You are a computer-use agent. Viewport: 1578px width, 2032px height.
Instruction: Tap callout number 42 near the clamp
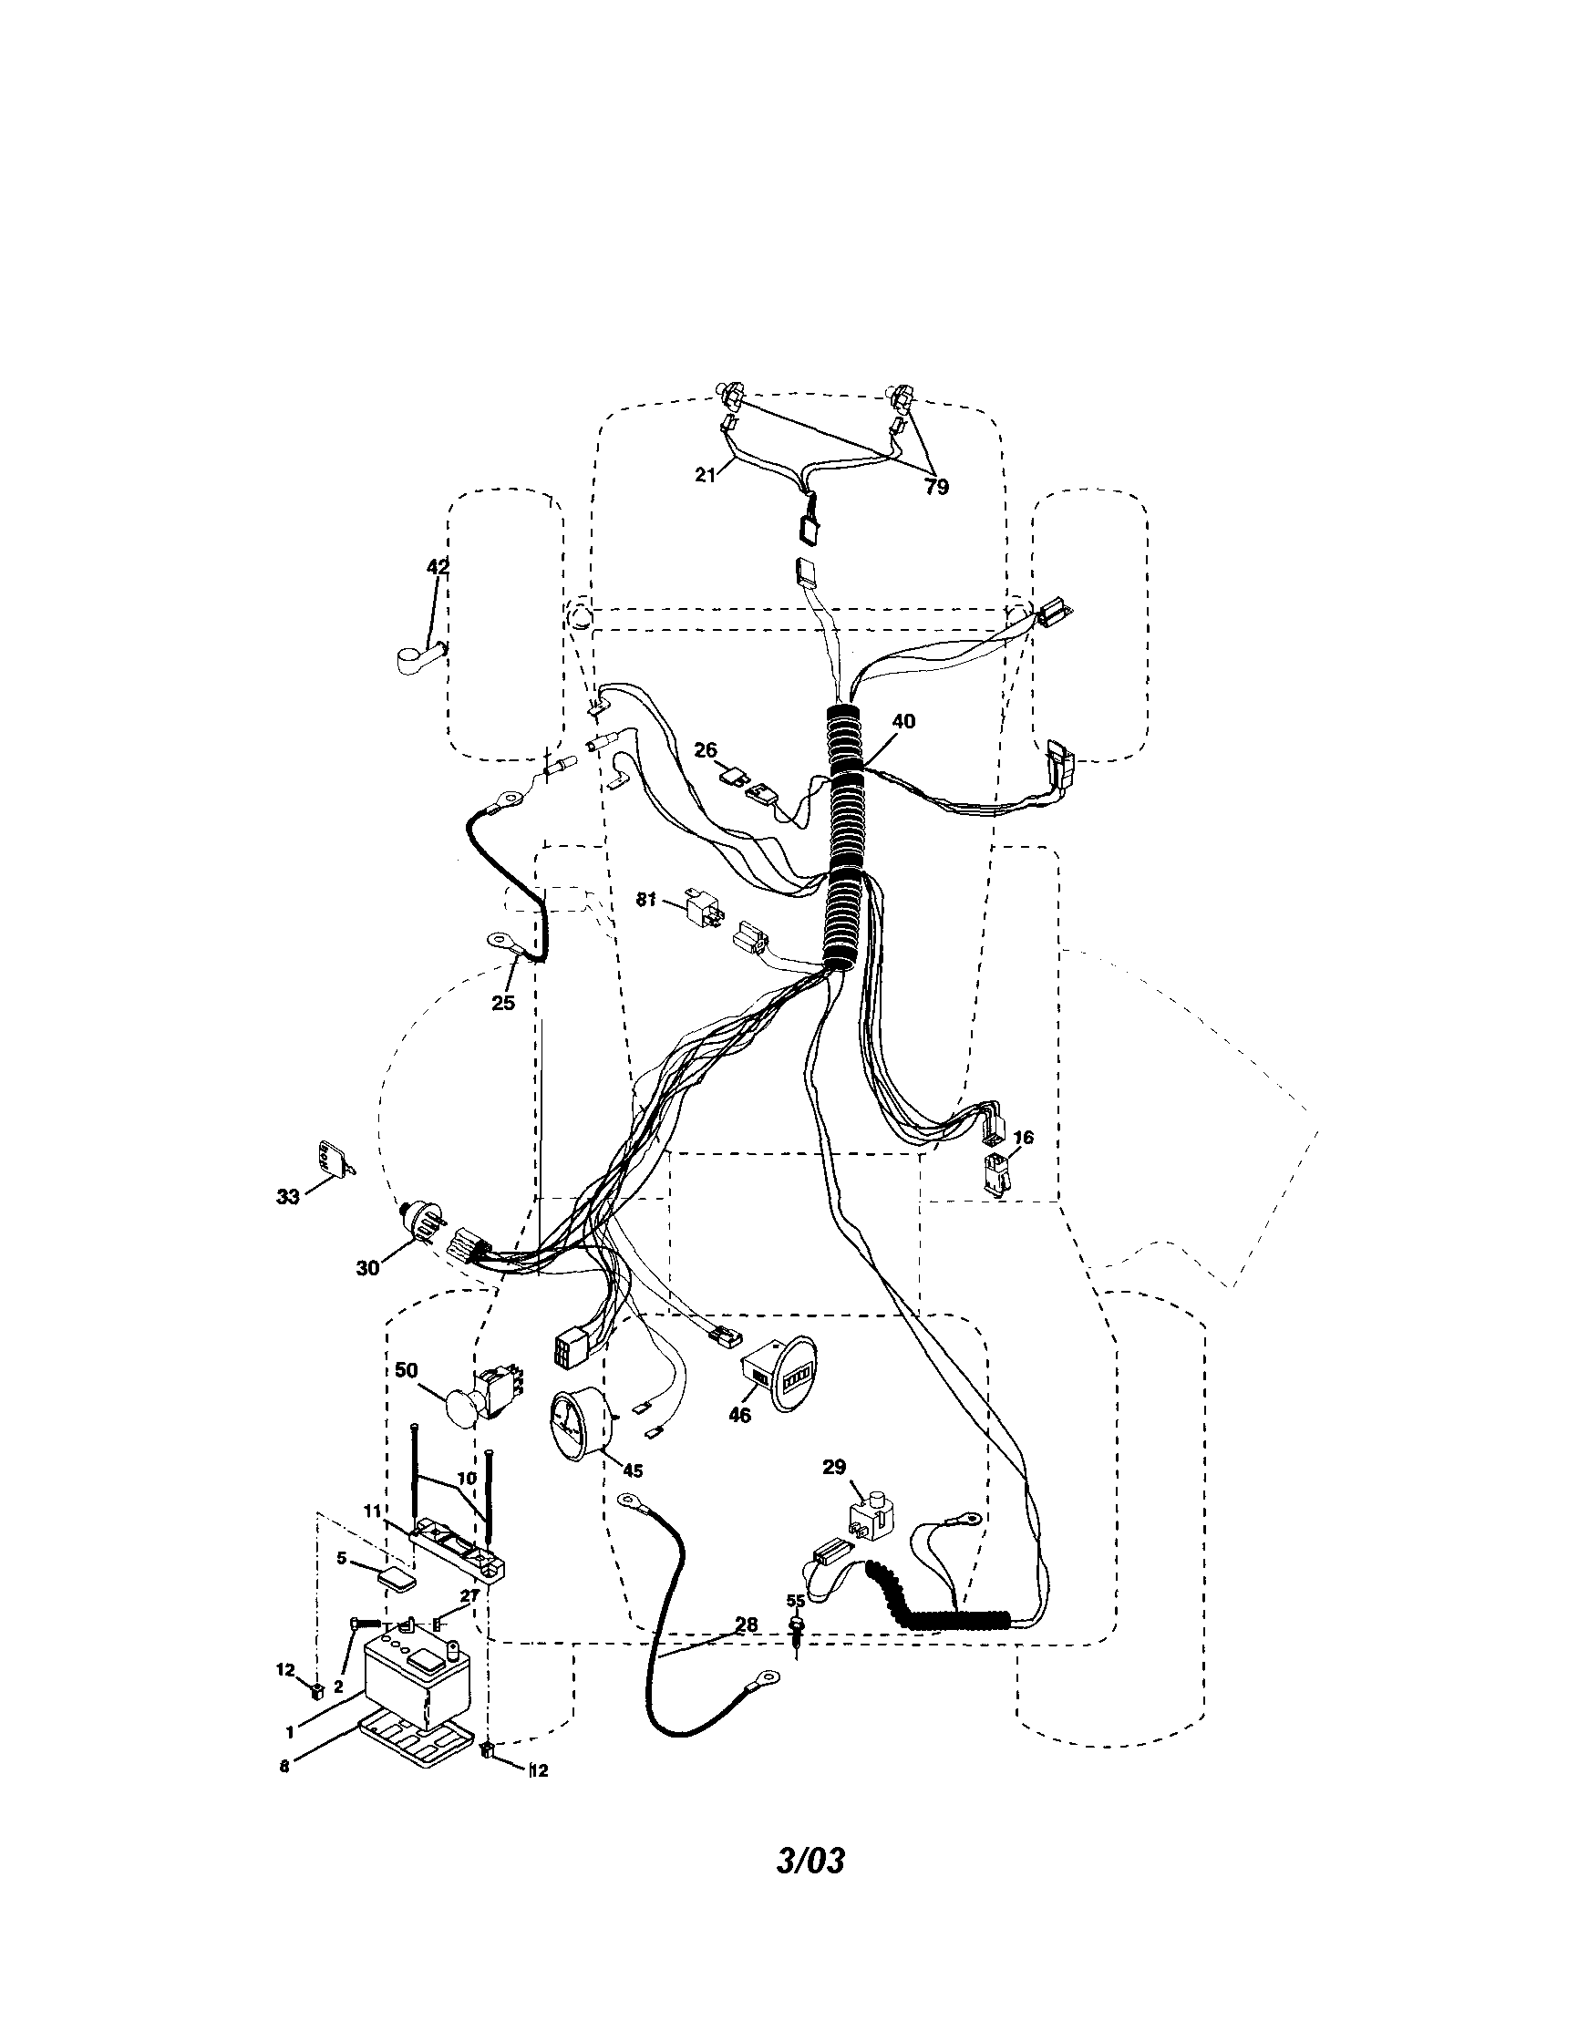(x=438, y=567)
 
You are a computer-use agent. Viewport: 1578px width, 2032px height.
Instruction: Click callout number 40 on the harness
(x=902, y=721)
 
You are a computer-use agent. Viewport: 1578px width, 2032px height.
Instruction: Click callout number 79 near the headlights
(x=937, y=487)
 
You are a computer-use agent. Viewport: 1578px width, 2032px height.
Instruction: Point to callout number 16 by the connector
(x=1024, y=1138)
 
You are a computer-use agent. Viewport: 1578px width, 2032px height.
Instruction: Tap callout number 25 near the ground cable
(x=502, y=1003)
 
